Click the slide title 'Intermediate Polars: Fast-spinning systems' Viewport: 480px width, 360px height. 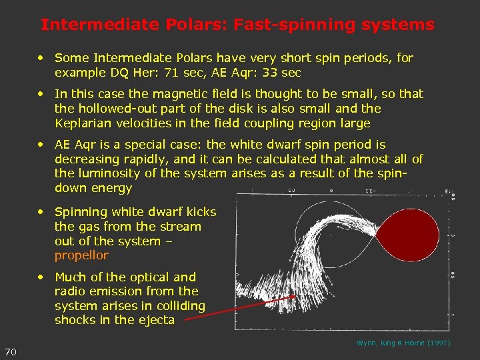pyautogui.click(x=237, y=25)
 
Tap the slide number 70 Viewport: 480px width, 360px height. pyautogui.click(x=11, y=351)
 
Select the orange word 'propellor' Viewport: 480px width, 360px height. pyautogui.click(x=81, y=256)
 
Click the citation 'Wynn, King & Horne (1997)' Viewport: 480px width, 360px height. pyautogui.click(x=403, y=343)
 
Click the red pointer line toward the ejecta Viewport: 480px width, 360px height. pyautogui.click(x=240, y=308)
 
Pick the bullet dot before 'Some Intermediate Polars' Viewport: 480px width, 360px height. pyautogui.click(x=42, y=59)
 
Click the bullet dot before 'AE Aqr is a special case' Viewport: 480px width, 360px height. pyautogui.click(x=42, y=145)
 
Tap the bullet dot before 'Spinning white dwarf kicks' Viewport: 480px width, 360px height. pyautogui.click(x=42, y=212)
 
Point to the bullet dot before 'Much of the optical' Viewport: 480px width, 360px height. pyautogui.click(x=42, y=277)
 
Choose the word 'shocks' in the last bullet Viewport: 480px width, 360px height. pyautogui.click(x=75, y=320)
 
